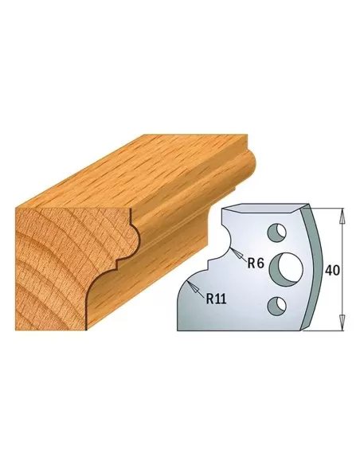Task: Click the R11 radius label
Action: coord(217,299)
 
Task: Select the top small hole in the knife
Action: coord(275,235)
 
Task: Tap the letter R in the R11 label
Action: coord(209,299)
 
